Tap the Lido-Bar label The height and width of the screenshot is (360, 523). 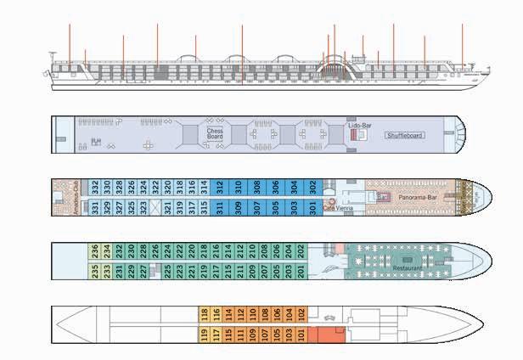[360, 126]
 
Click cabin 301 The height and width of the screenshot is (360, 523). [312, 207]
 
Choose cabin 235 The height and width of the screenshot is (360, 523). [95, 271]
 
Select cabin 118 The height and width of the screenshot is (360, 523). [204, 314]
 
